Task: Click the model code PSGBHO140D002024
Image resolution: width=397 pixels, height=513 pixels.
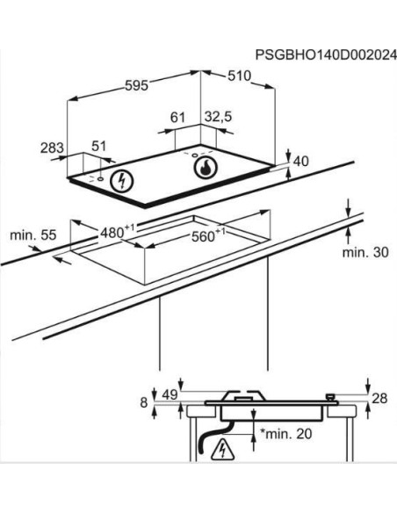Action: pyautogui.click(x=326, y=54)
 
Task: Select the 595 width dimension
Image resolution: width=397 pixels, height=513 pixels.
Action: pyautogui.click(x=137, y=85)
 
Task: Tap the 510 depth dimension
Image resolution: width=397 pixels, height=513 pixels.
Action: pyautogui.click(x=239, y=76)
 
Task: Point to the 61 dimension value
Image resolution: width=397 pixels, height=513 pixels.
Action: pyautogui.click(x=177, y=117)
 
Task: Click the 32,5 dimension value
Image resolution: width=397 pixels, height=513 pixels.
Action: pyautogui.click(x=218, y=117)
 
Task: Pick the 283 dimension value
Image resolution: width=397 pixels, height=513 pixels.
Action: pyautogui.click(x=52, y=148)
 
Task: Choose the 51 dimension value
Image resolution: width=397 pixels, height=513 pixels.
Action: pyautogui.click(x=98, y=146)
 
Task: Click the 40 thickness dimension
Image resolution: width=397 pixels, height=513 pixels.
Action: pyautogui.click(x=301, y=162)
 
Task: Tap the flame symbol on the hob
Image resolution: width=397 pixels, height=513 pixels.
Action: pyautogui.click(x=205, y=168)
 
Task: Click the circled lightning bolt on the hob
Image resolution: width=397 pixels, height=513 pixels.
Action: pyautogui.click(x=122, y=181)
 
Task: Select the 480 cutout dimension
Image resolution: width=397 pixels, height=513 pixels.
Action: pyautogui.click(x=117, y=232)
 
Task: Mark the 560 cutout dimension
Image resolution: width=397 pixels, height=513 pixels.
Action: pyautogui.click(x=207, y=235)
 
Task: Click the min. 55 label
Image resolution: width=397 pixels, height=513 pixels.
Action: pyautogui.click(x=33, y=235)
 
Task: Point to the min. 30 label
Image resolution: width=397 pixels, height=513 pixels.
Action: pyautogui.click(x=365, y=252)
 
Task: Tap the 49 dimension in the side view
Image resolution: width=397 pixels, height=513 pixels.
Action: pyautogui.click(x=170, y=394)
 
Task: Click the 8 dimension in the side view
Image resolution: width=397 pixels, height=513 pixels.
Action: pyautogui.click(x=144, y=402)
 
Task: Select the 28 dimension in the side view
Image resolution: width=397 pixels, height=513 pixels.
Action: pyautogui.click(x=379, y=398)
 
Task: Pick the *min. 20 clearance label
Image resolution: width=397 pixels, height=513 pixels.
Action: pyautogui.click(x=286, y=434)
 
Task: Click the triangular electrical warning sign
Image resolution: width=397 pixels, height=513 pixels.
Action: pyautogui.click(x=223, y=449)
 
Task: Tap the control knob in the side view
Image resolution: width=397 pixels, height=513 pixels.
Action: pyautogui.click(x=330, y=397)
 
